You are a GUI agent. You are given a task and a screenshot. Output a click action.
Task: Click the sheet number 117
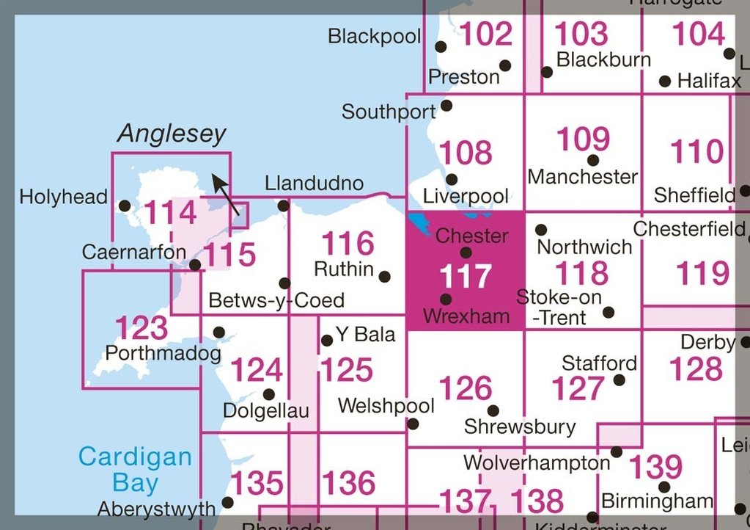point(465,276)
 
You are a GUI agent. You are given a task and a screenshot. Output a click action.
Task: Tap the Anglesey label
point(172,134)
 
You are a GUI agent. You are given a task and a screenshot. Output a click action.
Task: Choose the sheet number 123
point(141,327)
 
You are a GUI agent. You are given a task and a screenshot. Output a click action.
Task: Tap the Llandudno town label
point(315,183)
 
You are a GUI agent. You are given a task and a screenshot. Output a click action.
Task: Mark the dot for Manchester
point(592,160)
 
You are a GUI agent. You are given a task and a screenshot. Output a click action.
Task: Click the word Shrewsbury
point(520,426)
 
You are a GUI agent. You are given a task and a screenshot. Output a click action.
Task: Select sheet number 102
point(486,34)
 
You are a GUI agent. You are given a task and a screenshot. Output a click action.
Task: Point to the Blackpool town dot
point(441,46)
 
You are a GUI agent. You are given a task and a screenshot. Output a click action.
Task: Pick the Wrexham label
point(466,316)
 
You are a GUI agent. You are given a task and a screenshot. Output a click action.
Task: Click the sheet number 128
point(696,369)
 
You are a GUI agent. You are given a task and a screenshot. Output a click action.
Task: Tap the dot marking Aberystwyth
point(227,503)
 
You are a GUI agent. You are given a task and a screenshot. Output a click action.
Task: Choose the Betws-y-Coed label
point(276,300)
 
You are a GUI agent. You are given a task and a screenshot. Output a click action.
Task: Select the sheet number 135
point(257,483)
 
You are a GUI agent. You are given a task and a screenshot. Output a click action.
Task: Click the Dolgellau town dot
point(269,395)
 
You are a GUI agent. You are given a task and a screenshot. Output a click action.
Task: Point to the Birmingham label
point(657,501)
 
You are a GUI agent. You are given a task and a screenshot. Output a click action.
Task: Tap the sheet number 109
point(583,138)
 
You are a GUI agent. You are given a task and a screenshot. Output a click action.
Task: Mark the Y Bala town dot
point(327,341)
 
